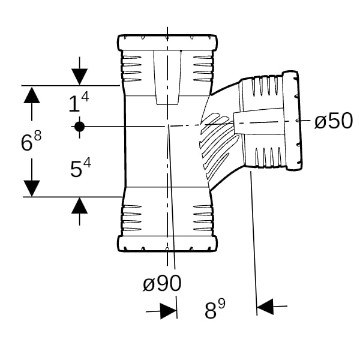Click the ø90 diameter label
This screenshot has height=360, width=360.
click(x=162, y=283)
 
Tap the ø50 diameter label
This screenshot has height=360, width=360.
click(x=334, y=121)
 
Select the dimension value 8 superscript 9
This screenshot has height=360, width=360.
click(x=215, y=309)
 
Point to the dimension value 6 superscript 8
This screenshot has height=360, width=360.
click(x=31, y=140)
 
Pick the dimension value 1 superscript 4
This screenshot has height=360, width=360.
click(x=79, y=102)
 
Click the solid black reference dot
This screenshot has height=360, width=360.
click(x=79, y=127)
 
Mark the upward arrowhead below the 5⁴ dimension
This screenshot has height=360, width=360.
click(x=79, y=205)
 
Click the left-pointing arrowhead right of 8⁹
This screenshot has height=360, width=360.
click(x=265, y=307)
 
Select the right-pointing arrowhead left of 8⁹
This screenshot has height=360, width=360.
click(x=169, y=311)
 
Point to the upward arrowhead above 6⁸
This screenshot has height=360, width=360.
click(x=32, y=95)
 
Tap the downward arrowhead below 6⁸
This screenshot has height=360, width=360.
click(x=32, y=188)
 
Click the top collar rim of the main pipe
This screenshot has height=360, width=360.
click(x=167, y=43)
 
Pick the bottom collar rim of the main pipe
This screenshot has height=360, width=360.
click(x=167, y=244)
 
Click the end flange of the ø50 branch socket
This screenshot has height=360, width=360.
click(x=292, y=121)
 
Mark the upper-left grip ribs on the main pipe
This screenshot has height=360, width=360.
click(x=131, y=68)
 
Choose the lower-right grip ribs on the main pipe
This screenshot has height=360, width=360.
click(x=203, y=218)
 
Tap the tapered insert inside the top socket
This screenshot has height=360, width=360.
click(x=167, y=77)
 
